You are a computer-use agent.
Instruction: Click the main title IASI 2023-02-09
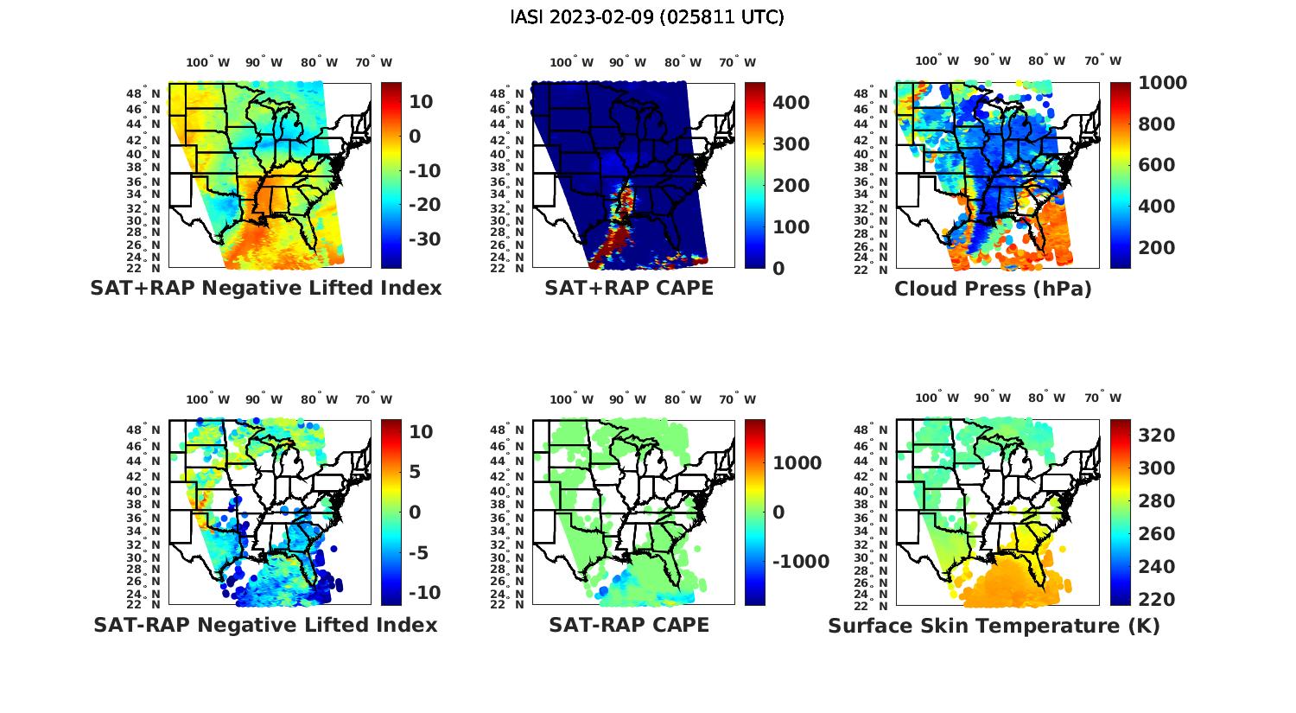[647, 17]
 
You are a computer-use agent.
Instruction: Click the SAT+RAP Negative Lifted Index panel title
[265, 288]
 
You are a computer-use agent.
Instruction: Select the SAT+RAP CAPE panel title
[629, 288]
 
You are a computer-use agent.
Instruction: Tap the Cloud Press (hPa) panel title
[993, 289]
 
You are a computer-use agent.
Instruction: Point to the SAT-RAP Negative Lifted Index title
[265, 625]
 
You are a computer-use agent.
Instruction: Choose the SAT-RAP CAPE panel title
[629, 625]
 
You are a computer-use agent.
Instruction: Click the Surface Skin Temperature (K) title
[994, 626]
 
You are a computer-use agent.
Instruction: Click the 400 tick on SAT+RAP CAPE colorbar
[791, 103]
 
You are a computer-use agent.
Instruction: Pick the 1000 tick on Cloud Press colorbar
[1162, 83]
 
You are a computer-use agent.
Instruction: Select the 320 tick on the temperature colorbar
[1157, 436]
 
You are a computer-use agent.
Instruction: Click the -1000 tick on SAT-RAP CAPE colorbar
[800, 562]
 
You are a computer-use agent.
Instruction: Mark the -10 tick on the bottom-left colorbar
[424, 593]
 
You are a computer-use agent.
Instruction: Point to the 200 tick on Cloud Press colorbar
[1157, 248]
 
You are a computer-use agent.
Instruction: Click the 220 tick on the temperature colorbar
[1157, 600]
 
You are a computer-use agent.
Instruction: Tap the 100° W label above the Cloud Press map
[937, 61]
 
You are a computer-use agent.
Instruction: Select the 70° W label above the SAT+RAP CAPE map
[738, 62]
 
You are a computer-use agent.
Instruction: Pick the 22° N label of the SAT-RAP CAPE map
[507, 605]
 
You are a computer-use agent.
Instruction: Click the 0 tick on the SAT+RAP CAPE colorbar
[778, 269]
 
